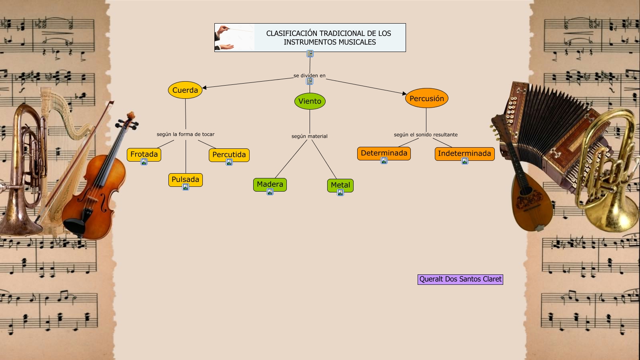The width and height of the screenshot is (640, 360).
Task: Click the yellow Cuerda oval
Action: pos(185,90)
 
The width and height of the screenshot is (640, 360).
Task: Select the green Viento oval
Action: pos(310,101)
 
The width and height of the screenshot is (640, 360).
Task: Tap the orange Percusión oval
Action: pos(426,98)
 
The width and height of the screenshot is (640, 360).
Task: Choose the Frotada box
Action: pos(144,154)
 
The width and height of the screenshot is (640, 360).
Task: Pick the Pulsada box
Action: pos(185,179)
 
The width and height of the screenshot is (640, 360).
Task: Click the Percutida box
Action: pos(229,154)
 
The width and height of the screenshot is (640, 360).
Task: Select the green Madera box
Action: pos(270,184)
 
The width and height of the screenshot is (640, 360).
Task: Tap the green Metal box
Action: pos(340,185)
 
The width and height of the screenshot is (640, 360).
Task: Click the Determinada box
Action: pos(384,153)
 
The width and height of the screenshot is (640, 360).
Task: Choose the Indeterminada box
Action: pos(464,153)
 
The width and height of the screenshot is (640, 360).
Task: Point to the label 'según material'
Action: pos(309,136)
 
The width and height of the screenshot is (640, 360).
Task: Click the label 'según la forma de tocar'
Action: pos(185,134)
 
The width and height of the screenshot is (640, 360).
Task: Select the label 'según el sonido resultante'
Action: pos(426,135)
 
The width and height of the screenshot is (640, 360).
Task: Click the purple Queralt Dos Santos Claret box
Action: pos(460,279)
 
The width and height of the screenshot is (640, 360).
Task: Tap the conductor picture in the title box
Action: pos(234,38)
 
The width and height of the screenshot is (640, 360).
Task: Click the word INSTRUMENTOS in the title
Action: pos(307,42)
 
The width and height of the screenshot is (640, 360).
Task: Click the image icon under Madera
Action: pos(270,192)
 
